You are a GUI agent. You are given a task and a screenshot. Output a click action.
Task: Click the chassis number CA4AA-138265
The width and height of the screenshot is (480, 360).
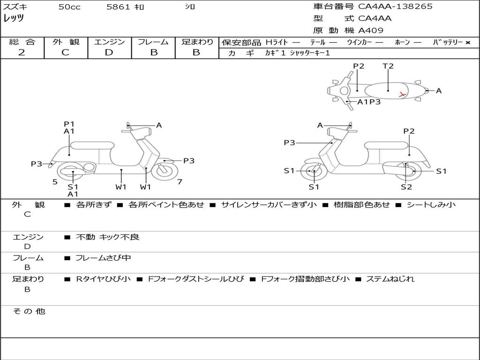click(395, 7)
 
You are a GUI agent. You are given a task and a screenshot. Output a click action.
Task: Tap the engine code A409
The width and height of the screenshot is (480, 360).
click(371, 30)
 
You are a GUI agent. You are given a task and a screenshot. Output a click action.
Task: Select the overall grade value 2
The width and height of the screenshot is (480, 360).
click(22, 52)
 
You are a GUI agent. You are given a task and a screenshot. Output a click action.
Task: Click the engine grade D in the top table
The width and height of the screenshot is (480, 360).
click(109, 52)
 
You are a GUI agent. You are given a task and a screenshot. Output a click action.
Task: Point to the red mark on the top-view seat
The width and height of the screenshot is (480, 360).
click(402, 95)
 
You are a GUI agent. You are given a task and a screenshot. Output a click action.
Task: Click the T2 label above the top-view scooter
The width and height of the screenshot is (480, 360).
click(388, 66)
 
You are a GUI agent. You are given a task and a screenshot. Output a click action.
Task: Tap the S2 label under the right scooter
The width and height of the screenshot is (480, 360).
click(406, 187)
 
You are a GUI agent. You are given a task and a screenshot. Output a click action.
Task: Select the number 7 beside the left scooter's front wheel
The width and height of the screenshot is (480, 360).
click(180, 182)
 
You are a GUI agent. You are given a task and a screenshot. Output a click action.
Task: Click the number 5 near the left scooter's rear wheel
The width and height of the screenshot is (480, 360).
click(55, 182)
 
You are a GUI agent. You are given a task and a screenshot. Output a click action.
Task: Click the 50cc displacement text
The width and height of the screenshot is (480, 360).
click(69, 7)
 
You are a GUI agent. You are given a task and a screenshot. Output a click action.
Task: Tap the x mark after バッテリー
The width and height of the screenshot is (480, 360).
click(468, 43)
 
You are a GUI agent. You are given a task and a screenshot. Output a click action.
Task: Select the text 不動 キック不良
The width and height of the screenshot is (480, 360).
click(107, 237)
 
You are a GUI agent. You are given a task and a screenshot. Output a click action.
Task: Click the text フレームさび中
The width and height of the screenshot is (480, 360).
click(103, 258)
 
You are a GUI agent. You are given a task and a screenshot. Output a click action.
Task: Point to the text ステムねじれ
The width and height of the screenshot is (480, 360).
click(390, 279)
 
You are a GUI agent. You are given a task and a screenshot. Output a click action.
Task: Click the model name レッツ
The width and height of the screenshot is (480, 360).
click(14, 18)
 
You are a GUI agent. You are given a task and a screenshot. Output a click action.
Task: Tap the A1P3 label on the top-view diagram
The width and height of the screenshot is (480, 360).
click(369, 102)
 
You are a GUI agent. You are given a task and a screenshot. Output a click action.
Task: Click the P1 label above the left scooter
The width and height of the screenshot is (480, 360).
click(69, 124)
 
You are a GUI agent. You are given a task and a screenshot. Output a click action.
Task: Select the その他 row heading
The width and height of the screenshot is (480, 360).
click(29, 311)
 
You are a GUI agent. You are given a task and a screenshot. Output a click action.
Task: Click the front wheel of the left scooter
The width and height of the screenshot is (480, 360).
click(165, 171)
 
